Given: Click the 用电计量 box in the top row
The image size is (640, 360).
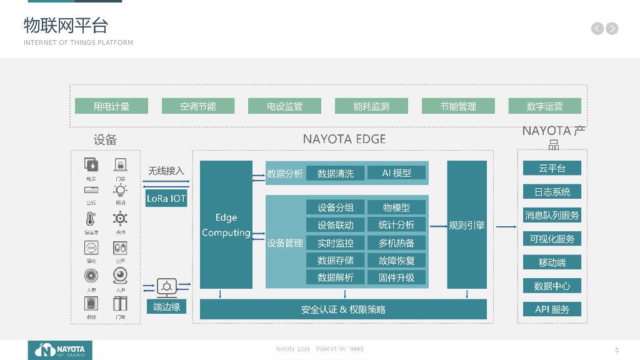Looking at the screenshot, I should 111,106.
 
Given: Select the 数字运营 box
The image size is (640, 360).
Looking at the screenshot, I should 544,106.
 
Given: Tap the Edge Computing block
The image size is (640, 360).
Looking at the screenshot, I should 226,225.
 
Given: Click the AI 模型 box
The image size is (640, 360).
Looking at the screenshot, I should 396,173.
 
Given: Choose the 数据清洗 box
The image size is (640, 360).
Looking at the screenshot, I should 336,173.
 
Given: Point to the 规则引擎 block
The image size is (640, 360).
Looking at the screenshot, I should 467,225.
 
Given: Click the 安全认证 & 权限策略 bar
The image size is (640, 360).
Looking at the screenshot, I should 343,309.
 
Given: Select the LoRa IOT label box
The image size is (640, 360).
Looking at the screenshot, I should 166,199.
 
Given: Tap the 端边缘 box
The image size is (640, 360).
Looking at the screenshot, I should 167,306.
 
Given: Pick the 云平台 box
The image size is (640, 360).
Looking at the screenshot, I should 552,168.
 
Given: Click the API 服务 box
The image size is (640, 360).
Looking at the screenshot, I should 552,309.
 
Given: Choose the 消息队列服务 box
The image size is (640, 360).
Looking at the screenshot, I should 552,215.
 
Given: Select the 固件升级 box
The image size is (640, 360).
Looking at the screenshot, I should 396,277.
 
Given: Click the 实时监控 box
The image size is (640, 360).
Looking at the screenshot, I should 336,242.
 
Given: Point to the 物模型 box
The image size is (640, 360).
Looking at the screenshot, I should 396,207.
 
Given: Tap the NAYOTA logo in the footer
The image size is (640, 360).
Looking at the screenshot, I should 60,350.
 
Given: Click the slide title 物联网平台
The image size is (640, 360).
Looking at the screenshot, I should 66,25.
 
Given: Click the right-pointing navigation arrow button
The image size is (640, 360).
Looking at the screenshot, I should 612,28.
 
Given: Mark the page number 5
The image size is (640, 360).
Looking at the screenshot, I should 616,350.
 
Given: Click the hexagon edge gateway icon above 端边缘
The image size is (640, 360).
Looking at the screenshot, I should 167,287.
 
